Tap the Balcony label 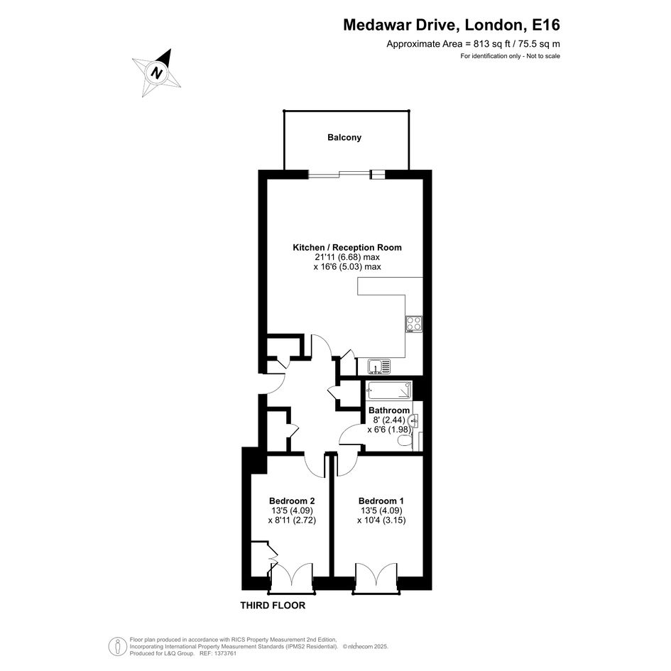click(x=344, y=137)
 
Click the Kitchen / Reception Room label click(x=347, y=247)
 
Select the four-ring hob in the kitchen click(x=414, y=324)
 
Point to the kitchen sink click(x=380, y=366)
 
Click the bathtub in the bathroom click(x=389, y=390)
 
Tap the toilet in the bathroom click(x=405, y=441)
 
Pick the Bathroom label click(x=389, y=410)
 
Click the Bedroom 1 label click(x=381, y=501)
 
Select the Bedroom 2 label click(x=293, y=501)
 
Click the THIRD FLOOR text click(x=273, y=606)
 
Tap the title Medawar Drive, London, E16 click(x=452, y=25)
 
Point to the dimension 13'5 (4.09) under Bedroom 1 click(x=381, y=511)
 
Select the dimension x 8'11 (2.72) click(x=293, y=520)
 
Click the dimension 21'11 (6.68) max click(x=347, y=257)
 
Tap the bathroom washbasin click(x=414, y=420)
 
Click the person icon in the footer click(x=115, y=647)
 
